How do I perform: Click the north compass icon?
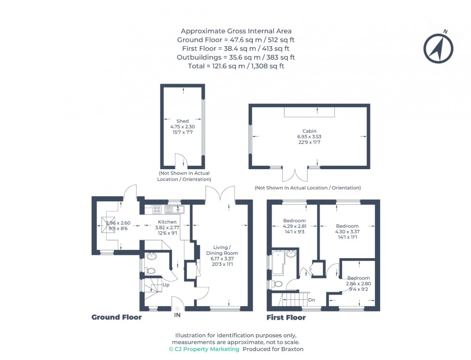[x=438, y=48]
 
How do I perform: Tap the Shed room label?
[x=182, y=121]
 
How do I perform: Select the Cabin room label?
[x=309, y=131]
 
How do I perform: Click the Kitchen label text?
[x=168, y=222]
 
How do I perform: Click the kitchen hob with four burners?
[x=157, y=209]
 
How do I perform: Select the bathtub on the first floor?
[x=279, y=263]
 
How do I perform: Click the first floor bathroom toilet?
[x=277, y=284]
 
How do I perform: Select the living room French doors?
[x=220, y=195]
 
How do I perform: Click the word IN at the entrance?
[x=177, y=315]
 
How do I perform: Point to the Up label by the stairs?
[x=166, y=285]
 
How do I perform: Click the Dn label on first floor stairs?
[x=311, y=300]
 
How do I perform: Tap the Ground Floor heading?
[x=116, y=317]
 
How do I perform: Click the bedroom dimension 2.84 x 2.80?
[x=359, y=284]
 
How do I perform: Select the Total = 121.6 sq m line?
[x=235, y=66]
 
